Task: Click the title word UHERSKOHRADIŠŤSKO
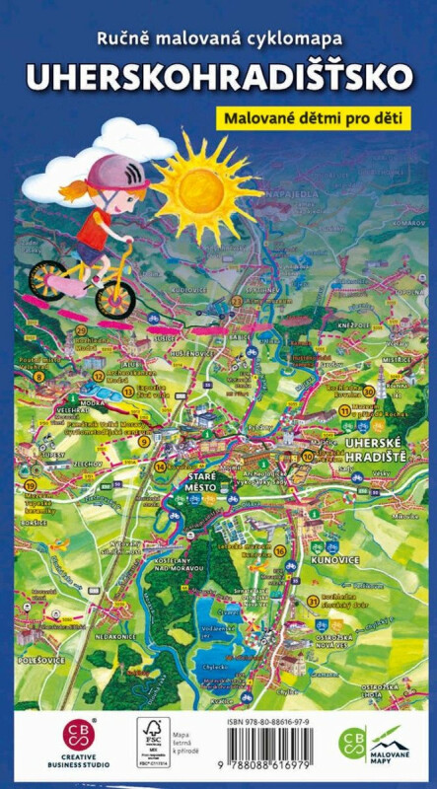click(x=219, y=76)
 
